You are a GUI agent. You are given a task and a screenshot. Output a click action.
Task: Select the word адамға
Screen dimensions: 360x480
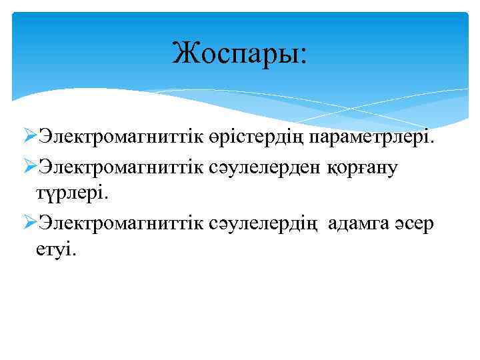click(x=361, y=224)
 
